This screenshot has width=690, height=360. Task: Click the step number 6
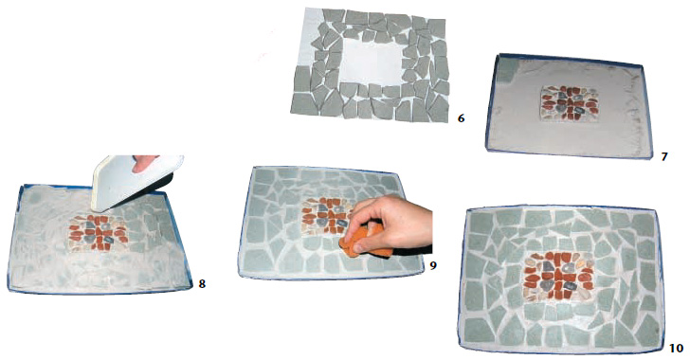(461, 117)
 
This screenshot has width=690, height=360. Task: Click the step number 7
(664, 155)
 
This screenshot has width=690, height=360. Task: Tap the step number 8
(202, 284)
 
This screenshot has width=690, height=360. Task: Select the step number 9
(433, 266)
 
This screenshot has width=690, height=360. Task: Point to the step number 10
(677, 348)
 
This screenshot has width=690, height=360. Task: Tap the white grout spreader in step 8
(132, 180)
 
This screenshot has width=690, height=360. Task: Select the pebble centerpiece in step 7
(570, 104)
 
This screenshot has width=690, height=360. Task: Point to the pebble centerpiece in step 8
(99, 233)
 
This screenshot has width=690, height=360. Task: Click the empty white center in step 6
(371, 63)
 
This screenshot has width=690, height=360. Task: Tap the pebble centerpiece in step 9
(325, 217)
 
